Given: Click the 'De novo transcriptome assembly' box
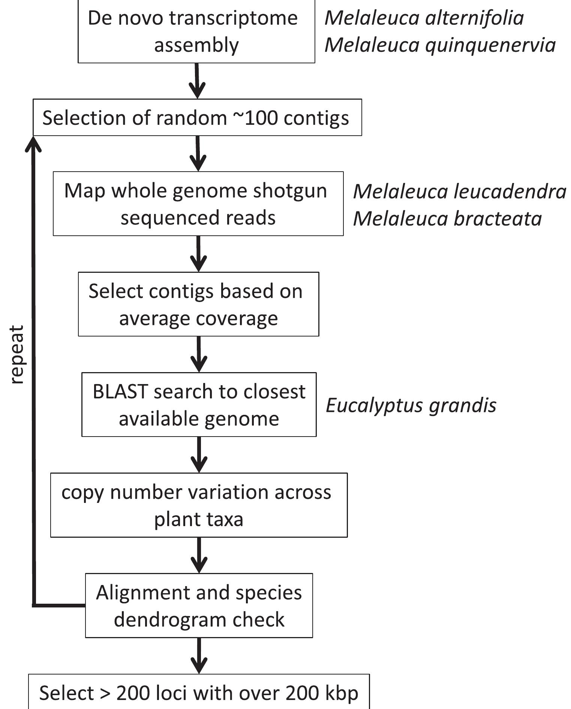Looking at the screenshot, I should pos(196,31).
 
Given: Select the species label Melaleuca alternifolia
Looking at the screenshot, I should pos(424,18).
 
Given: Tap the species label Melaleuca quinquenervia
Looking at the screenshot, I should pos(440,45).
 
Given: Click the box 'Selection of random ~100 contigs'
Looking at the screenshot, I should pos(197,118).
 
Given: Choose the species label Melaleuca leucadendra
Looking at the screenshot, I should pos(459,191).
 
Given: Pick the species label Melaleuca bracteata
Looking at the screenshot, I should pos(447,218).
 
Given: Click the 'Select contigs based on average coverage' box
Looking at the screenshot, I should pos(198,304).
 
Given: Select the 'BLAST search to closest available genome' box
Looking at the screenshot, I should pos(199,405).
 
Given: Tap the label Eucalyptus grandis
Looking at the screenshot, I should pos(411,405).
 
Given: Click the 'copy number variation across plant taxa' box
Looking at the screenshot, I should pos(199,505).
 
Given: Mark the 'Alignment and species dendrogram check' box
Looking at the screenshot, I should pos(199,606).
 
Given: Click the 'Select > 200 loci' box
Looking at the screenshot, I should pos(199,693).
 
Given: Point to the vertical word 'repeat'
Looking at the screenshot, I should pos(17,354).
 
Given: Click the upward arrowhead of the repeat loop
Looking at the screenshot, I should pos(33,144).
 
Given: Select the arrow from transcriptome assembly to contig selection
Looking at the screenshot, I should pos(197,81).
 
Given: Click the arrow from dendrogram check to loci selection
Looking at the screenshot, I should pos(199,656).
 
